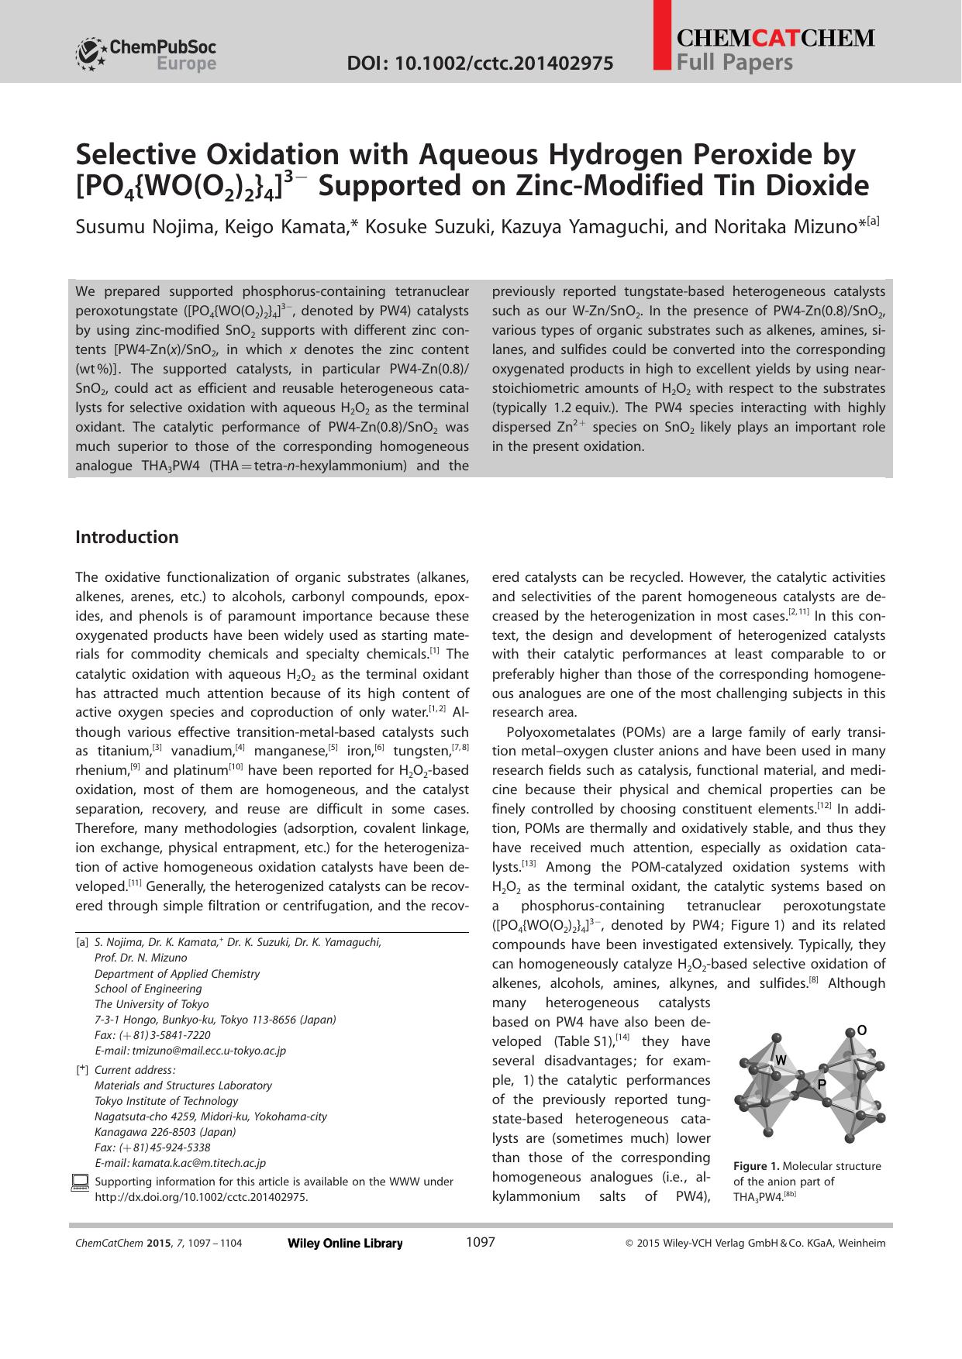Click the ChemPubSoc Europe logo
[x=145, y=54]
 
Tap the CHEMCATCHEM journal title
[x=776, y=39]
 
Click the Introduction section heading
[x=126, y=538]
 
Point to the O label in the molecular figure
[x=861, y=1030]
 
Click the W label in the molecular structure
[x=781, y=1060]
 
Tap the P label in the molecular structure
[x=822, y=1084]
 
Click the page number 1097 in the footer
[x=480, y=1243]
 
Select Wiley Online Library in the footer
[x=345, y=1244]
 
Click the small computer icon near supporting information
[x=80, y=1182]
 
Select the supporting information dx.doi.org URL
[x=201, y=1197]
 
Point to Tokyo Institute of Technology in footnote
[x=166, y=1101]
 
